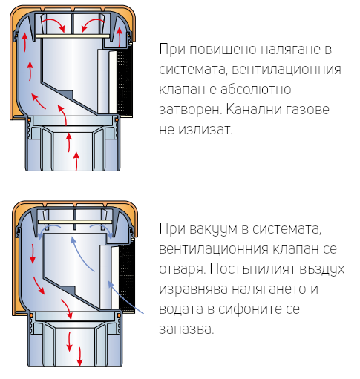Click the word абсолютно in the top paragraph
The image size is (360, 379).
coord(255,89)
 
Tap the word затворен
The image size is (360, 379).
coord(190,110)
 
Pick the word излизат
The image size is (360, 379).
coord(206,130)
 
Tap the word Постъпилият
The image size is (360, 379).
coord(252,269)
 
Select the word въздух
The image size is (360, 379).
coord(321,269)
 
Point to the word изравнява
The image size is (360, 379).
coord(193,289)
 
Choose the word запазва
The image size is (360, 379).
coord(186,329)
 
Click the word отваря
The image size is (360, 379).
coord(182,269)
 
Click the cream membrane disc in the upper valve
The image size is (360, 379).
coord(73,36)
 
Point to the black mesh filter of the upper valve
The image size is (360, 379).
coord(125,82)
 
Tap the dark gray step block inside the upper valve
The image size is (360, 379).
coord(65,94)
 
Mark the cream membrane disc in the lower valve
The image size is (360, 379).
coord(75,222)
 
